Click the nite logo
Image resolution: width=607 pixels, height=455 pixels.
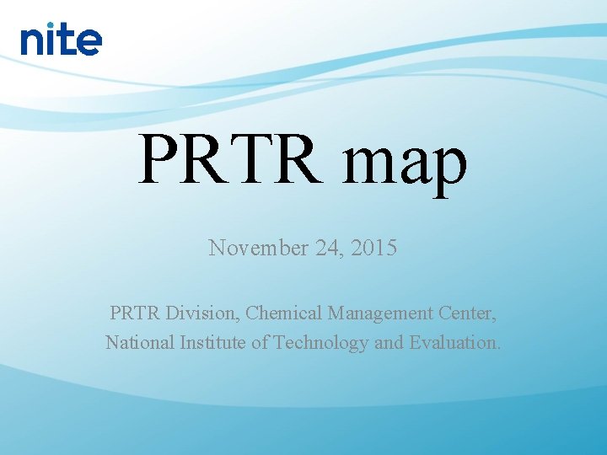pyautogui.click(x=61, y=39)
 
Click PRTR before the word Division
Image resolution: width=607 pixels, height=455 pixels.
pyautogui.click(x=135, y=313)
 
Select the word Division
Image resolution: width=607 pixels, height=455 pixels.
pyautogui.click(x=202, y=313)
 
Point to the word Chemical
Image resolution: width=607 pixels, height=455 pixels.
pyautogui.click(x=284, y=313)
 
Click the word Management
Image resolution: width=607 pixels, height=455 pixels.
pyautogui.click(x=381, y=313)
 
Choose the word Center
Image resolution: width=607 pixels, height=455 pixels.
pyautogui.click(x=468, y=313)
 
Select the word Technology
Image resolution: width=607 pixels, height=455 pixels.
pyautogui.click(x=314, y=343)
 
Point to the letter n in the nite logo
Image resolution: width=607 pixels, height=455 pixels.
pyautogui.click(x=34, y=42)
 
